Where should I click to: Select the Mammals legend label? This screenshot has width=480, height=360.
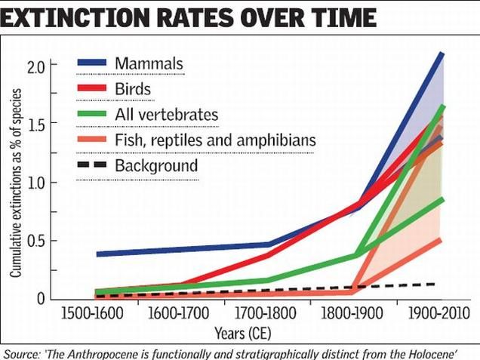[149, 63]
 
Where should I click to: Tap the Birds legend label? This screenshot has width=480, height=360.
[134, 90]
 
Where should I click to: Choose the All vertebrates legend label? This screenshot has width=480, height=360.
[167, 115]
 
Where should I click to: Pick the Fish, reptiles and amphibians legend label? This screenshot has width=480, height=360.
[204, 140]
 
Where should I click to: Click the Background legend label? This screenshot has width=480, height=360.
[156, 166]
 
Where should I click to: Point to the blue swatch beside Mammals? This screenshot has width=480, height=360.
[91, 64]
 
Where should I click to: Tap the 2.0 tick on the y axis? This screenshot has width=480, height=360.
[38, 66]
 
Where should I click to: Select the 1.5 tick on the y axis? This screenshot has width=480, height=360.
[38, 124]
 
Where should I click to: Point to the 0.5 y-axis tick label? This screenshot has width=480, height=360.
[38, 241]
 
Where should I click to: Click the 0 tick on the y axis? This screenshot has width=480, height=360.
[41, 299]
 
